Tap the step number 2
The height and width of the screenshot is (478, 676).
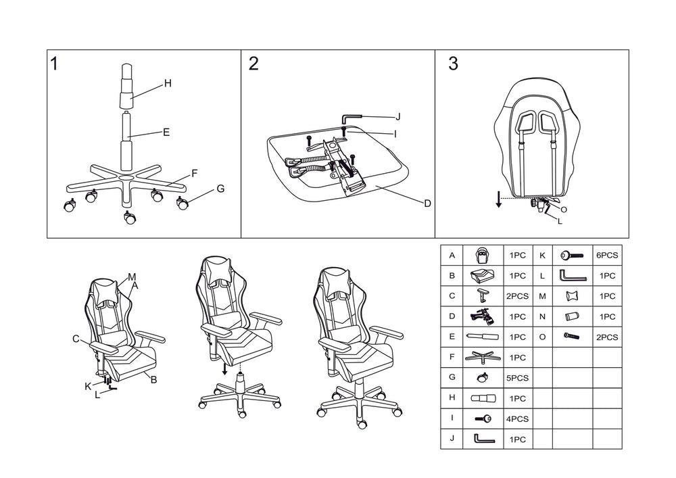tap(254, 64)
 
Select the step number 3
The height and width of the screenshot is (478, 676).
tap(453, 64)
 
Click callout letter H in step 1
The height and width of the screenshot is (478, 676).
tap(168, 83)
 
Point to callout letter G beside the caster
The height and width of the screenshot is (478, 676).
tap(220, 189)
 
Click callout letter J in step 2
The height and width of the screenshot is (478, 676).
tap(398, 116)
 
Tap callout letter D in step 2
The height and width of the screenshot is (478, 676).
tap(427, 203)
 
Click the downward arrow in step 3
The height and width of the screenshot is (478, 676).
tap(498, 199)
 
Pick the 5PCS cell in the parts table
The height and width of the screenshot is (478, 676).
tap(517, 377)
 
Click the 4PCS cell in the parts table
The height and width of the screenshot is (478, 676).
tap(517, 419)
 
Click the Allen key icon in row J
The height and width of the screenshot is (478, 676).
tap(483, 439)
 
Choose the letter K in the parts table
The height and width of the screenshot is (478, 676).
tap(542, 256)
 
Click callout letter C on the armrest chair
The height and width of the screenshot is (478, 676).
tap(76, 338)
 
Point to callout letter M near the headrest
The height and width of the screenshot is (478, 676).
tap(132, 277)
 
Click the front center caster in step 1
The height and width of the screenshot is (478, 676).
tap(130, 218)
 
